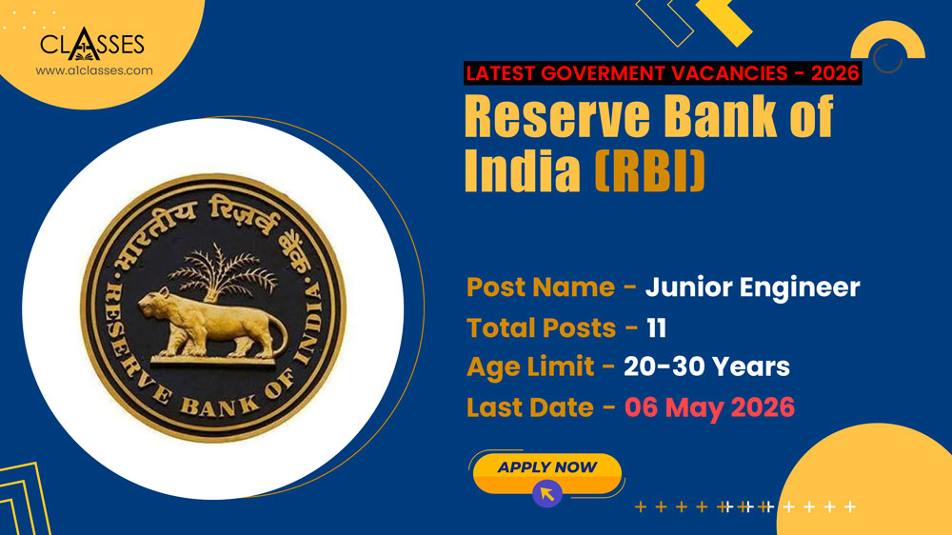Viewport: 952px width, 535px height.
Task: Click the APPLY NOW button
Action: point(546,468)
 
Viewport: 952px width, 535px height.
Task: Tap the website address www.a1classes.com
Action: point(93,70)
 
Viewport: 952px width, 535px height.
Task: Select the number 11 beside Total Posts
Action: point(656,327)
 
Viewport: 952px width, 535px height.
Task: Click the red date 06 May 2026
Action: point(709,407)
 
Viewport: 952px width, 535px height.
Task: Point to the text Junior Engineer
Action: point(752,287)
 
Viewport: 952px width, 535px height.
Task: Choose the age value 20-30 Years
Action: point(706,367)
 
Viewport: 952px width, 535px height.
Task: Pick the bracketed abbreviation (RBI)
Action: point(650,170)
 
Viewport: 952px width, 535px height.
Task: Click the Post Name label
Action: point(540,287)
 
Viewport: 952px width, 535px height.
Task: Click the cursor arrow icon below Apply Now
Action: point(547,493)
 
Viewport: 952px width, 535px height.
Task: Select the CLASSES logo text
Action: point(92,45)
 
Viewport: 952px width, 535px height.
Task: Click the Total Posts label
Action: point(541,327)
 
